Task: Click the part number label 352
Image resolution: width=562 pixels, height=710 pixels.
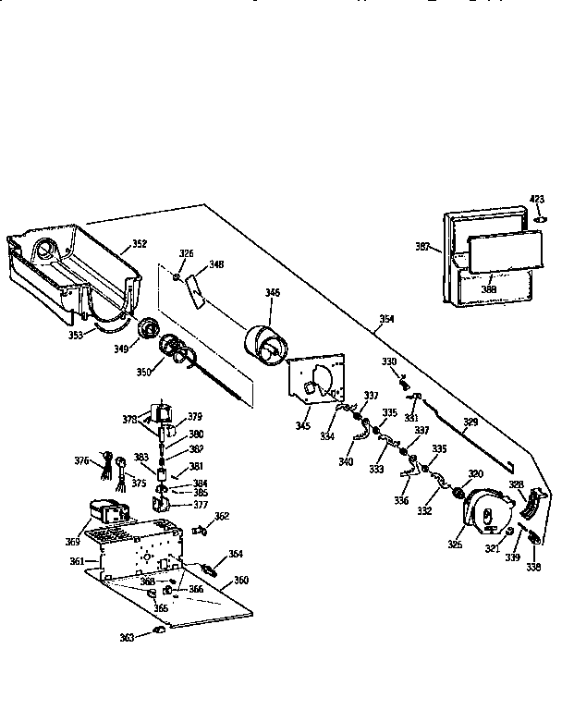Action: coord(138,244)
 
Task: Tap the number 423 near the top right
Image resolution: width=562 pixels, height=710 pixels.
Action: coord(537,199)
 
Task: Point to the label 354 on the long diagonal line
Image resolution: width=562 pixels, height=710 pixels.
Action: coord(386,319)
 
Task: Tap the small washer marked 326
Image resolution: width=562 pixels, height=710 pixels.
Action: coord(176,275)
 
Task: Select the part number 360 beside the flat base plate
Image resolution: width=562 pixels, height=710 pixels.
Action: coord(241,580)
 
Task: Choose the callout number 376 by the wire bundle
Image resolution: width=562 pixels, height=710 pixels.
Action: coord(82,459)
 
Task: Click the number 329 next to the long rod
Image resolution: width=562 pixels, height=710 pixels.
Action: coord(470,422)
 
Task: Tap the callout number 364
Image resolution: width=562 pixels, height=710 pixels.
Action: coord(236,554)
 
